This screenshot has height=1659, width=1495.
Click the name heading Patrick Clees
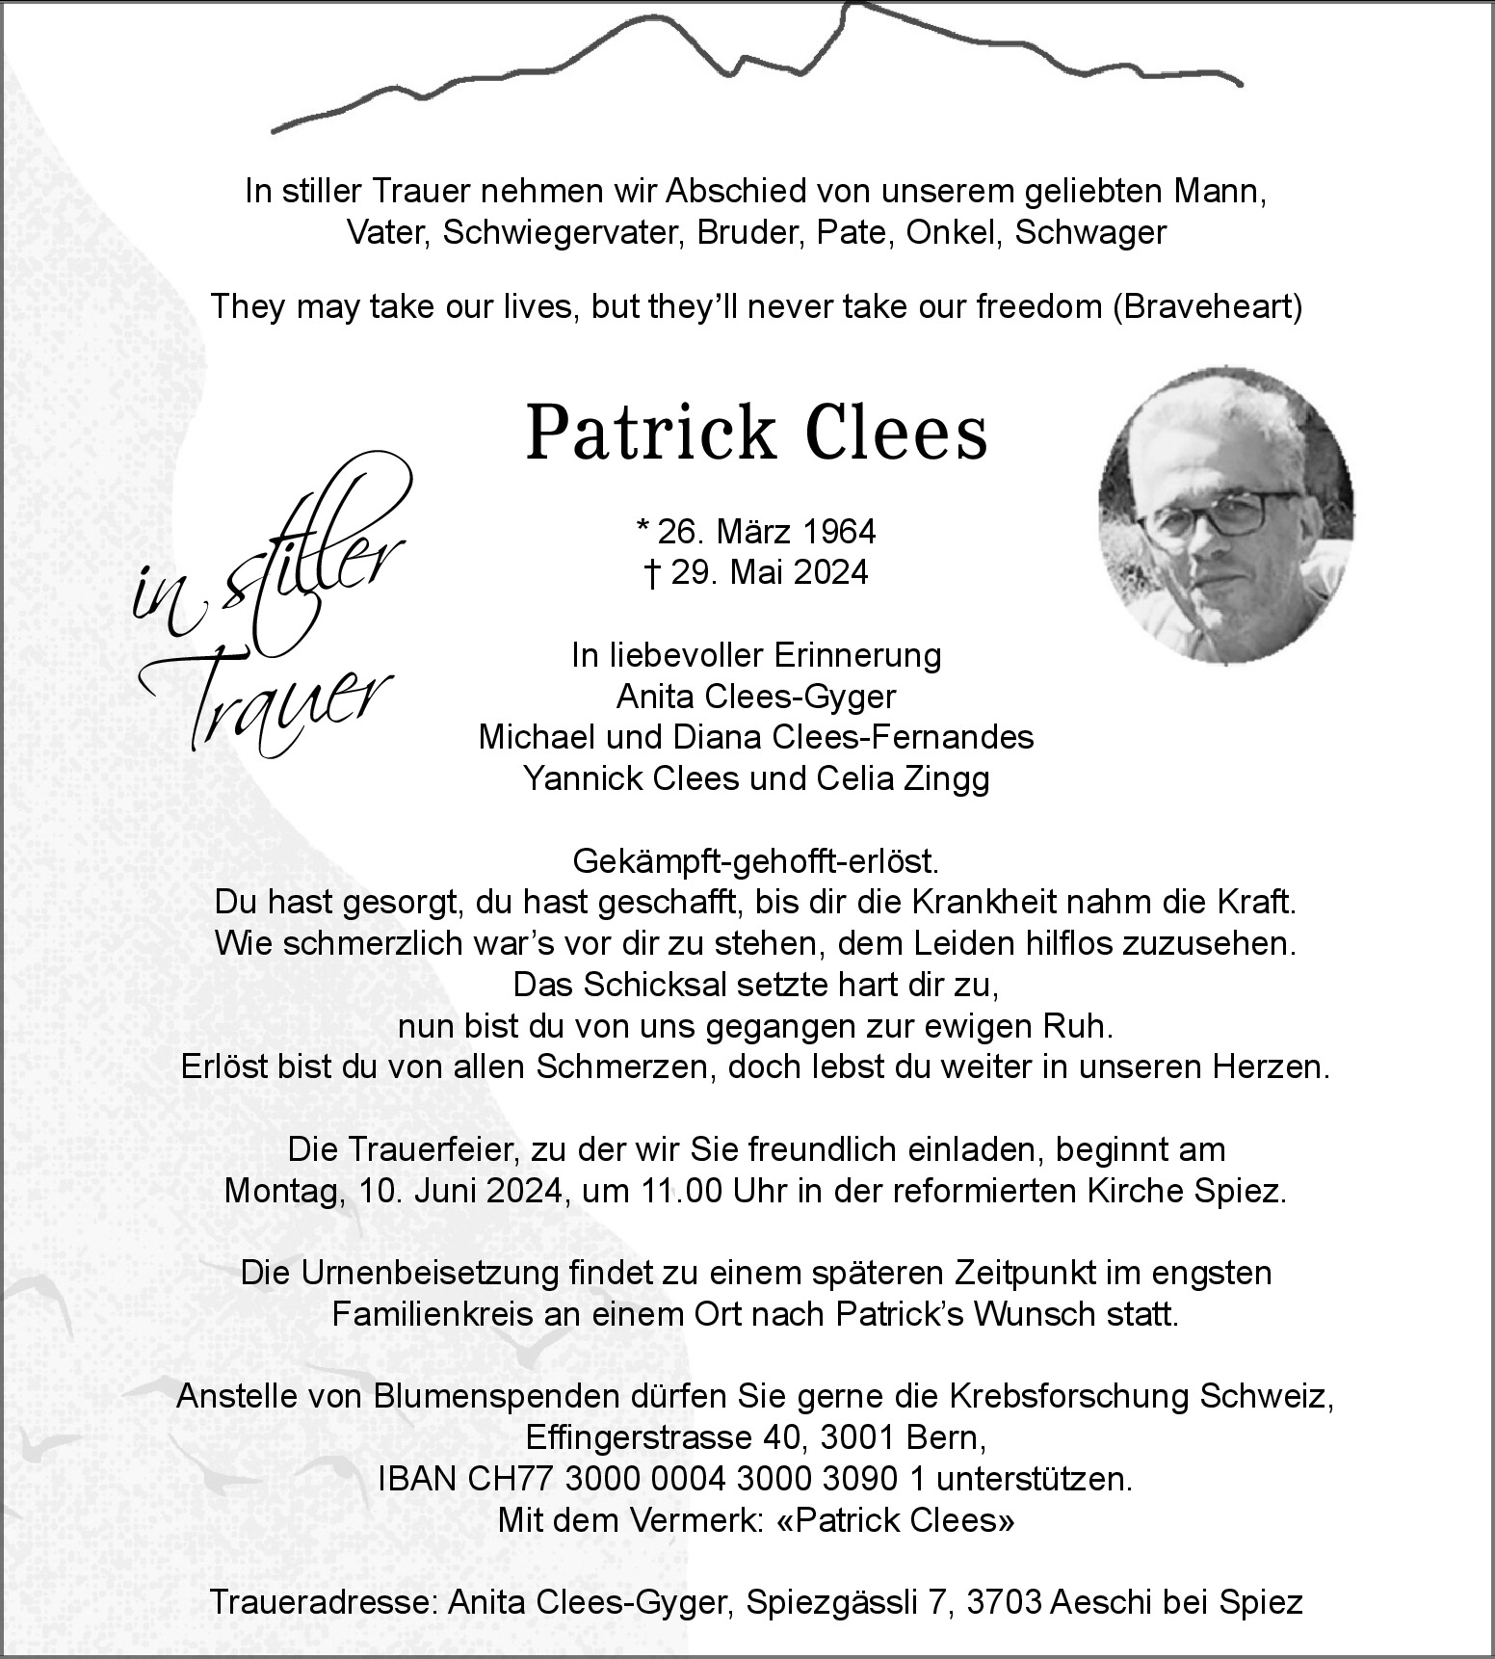(x=756, y=433)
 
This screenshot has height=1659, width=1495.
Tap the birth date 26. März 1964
(x=766, y=531)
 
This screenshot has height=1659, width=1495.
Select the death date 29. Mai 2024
(x=769, y=572)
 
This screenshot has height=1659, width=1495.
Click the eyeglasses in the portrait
(x=1216, y=513)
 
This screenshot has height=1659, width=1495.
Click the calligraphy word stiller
(x=308, y=559)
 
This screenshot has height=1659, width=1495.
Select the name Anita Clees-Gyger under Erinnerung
(x=756, y=696)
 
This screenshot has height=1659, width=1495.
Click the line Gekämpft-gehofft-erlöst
(x=755, y=859)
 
